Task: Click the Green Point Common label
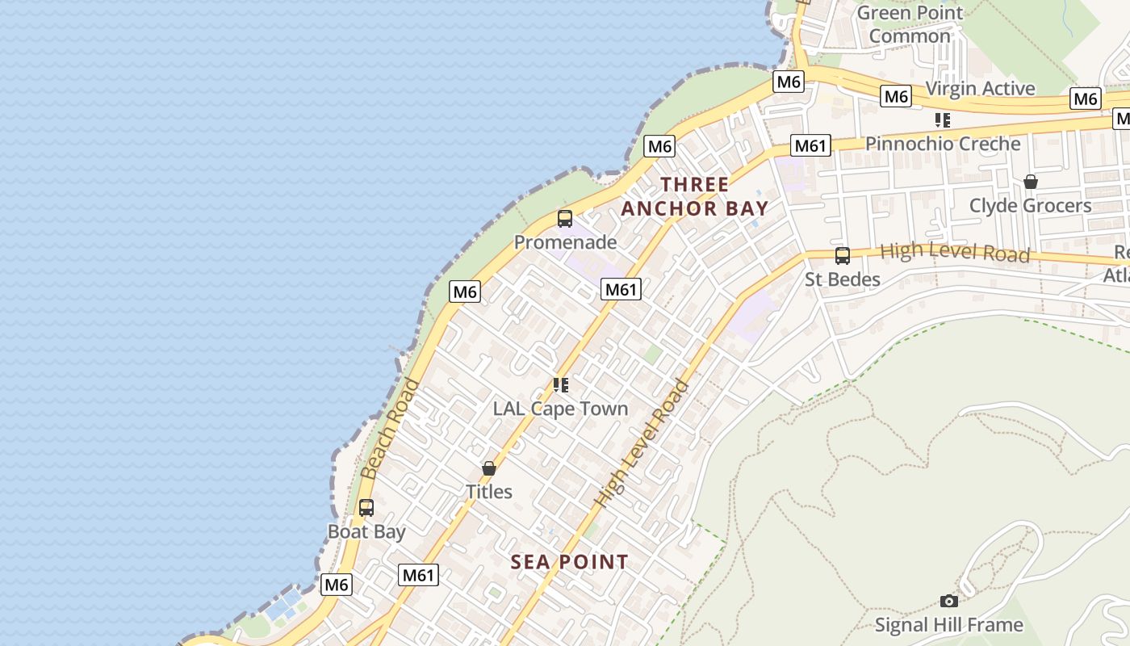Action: [x=910, y=24]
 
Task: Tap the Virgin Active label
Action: [x=980, y=88]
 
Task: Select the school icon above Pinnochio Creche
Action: [x=942, y=120]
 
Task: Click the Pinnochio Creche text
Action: [x=943, y=144]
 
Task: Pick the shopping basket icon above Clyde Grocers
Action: [x=1030, y=182]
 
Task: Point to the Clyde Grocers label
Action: [x=1030, y=206]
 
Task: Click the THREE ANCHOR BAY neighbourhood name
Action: [x=694, y=196]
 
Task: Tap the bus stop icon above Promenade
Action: [x=565, y=218]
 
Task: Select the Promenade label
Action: [x=565, y=242]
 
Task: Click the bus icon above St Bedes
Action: [x=843, y=256]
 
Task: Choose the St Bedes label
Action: [x=843, y=279]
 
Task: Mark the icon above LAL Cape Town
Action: [x=560, y=385]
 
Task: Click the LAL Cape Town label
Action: [x=560, y=409]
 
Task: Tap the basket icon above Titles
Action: [x=488, y=468]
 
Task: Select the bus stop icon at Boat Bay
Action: [x=366, y=508]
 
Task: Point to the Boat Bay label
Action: [x=366, y=532]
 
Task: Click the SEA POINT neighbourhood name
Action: [x=569, y=562]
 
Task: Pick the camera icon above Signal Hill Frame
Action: [x=949, y=601]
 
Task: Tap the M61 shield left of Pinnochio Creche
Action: [x=810, y=145]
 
